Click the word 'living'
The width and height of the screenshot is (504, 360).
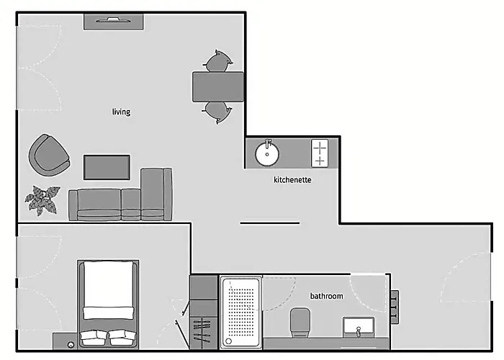pos(121,112)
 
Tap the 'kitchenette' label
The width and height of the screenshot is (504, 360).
pos(292,180)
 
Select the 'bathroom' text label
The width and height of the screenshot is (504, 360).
pos(326,296)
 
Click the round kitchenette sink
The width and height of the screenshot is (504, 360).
pos(267,153)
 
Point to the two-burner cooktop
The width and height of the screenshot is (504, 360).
pos(320,153)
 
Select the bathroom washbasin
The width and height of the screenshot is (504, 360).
pos(359,327)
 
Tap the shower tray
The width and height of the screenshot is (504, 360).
pos(240,312)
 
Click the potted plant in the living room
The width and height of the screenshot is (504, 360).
pos(42,200)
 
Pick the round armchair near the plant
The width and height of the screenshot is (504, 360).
pos(49,156)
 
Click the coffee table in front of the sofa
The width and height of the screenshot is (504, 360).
pos(107,167)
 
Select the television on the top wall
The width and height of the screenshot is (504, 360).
pos(114,22)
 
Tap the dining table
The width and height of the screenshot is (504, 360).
pos(218,87)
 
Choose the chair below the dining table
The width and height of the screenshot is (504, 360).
pos(217,112)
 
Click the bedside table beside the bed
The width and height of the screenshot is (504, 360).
pos(65,341)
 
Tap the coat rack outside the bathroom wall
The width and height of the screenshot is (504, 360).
pos(395,307)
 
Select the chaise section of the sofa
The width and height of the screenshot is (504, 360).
pos(156,194)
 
